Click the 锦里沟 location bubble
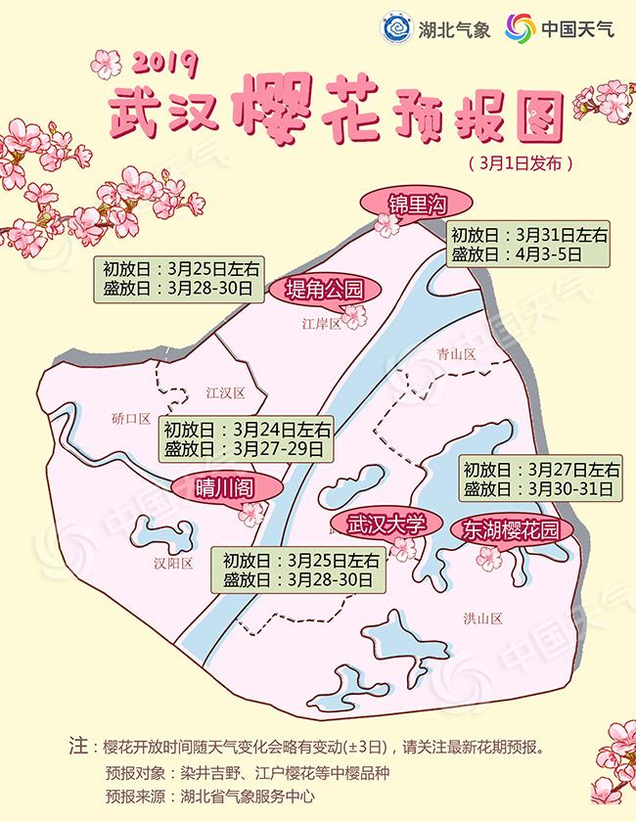tap(417, 205)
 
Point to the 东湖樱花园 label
tap(511, 530)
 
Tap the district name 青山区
tap(456, 354)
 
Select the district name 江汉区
tap(224, 392)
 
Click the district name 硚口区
tap(131, 418)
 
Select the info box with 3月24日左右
tap(247, 438)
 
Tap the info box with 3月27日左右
tap(540, 478)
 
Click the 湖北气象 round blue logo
tap(396, 28)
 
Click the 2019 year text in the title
tap(163, 66)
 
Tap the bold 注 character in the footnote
tap(78, 745)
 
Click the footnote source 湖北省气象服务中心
tap(240, 796)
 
